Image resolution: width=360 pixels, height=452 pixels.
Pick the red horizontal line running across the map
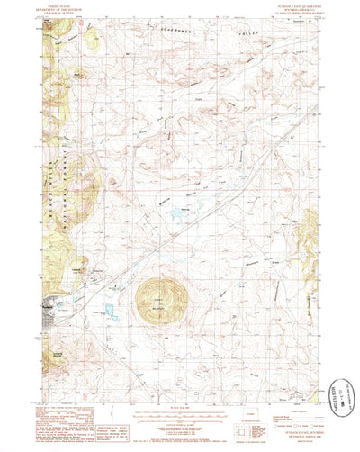click(180, 189)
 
